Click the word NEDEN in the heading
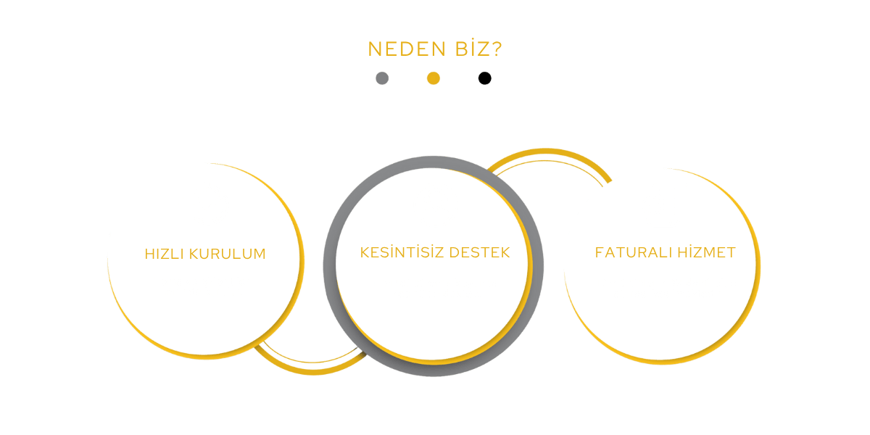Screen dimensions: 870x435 tap(407, 49)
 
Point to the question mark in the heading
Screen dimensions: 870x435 tap(497, 49)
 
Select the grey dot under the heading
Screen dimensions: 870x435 tap(382, 78)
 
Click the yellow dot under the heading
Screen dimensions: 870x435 tap(434, 78)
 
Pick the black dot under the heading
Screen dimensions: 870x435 tap(485, 78)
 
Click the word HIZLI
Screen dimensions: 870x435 tap(164, 254)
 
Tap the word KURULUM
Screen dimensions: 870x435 tap(228, 254)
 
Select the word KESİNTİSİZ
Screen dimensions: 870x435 tap(402, 252)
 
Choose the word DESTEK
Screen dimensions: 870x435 tap(480, 252)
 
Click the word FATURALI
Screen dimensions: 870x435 tap(634, 252)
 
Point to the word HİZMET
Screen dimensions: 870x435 tap(706, 252)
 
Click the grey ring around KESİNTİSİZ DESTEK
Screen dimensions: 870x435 tap(329, 267)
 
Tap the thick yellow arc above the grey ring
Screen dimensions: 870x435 tap(546, 151)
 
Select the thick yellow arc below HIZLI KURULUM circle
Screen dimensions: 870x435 tap(313, 372)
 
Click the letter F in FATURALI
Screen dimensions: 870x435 tap(600, 252)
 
